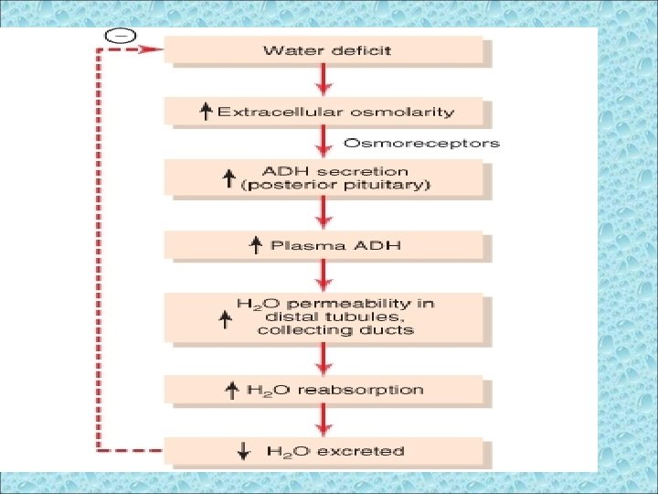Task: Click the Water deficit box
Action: click(x=326, y=49)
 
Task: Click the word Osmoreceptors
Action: click(x=421, y=143)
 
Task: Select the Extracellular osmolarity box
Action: click(x=326, y=112)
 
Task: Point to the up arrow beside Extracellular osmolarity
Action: click(x=206, y=112)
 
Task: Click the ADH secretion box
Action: click(x=326, y=177)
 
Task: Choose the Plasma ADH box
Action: click(x=326, y=245)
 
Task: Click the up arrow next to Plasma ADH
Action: click(x=256, y=245)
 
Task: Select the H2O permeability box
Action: click(x=326, y=317)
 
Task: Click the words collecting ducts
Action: click(x=335, y=330)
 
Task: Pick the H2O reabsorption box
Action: click(x=326, y=390)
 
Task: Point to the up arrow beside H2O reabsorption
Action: click(x=232, y=390)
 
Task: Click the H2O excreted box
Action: click(x=326, y=450)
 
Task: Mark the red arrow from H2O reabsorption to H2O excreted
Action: click(x=322, y=420)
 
